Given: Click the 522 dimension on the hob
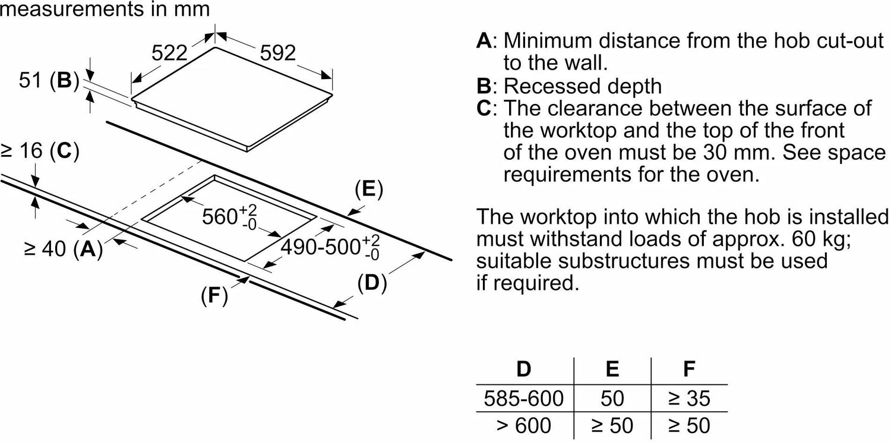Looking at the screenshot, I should [x=169, y=53].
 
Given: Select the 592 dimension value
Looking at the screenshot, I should [x=278, y=53].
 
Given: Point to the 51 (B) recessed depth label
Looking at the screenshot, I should [x=49, y=80].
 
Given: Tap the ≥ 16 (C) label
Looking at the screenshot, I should [x=40, y=152].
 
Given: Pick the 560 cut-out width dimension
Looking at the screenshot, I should [x=228, y=216].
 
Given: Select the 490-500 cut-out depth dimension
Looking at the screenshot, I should [x=330, y=246].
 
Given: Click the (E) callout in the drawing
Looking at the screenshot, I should [x=368, y=190].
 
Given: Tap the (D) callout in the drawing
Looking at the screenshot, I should [x=372, y=284].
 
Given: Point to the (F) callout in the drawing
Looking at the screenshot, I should [x=214, y=296].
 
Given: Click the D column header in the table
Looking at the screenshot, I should [x=523, y=370].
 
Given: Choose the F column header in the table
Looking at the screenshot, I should [x=689, y=370].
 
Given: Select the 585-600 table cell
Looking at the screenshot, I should [x=523, y=398].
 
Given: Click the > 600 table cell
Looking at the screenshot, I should [x=523, y=425].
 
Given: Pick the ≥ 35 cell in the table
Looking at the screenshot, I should [x=689, y=398].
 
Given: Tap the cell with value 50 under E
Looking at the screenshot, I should [x=612, y=398].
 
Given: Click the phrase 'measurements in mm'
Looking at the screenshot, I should [x=105, y=9].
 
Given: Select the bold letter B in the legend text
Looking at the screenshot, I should [x=485, y=87].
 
